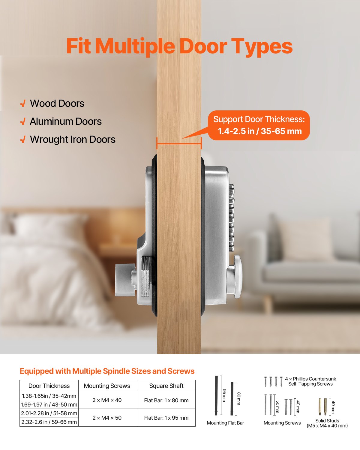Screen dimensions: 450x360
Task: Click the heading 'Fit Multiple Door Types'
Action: point(179,46)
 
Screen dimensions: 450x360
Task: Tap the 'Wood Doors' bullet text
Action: point(57,103)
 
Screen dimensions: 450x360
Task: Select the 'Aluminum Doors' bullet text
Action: point(66,121)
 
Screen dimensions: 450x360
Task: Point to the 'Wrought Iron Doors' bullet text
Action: point(73,139)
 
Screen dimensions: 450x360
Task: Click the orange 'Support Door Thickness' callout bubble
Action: point(259,125)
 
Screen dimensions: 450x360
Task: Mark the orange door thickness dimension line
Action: point(179,143)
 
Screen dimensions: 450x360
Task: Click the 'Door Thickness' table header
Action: point(49,386)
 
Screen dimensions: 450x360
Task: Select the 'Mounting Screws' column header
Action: point(107,386)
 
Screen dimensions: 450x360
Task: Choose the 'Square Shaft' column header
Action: point(166,386)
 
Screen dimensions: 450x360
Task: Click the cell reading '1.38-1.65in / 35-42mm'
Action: point(49,396)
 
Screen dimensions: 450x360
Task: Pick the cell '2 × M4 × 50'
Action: point(107,418)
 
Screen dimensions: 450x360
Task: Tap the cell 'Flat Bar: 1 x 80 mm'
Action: point(166,400)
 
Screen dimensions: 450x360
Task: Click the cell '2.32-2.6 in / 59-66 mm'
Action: point(49,422)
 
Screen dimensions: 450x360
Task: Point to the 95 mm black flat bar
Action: point(216,395)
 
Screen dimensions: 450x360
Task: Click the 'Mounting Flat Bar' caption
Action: point(225,423)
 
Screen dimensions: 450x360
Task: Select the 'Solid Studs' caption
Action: point(327,421)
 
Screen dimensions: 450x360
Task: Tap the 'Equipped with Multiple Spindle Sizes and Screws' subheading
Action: point(107,371)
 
